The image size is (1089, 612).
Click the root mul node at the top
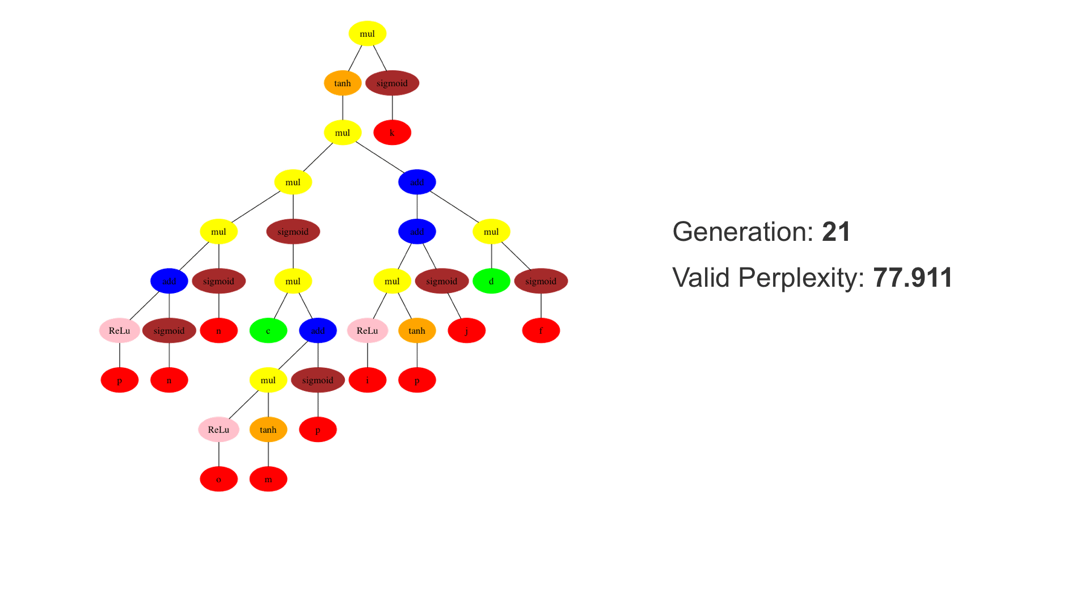(367, 33)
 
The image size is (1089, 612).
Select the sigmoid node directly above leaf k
(392, 83)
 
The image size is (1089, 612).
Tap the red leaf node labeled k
(392, 133)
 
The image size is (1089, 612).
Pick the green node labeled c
(268, 331)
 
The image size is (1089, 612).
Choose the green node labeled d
(491, 281)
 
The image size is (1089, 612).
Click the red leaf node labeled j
(466, 331)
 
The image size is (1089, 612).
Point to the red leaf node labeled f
(541, 331)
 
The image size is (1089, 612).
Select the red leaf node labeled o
(218, 479)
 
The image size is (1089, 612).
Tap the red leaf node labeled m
(268, 479)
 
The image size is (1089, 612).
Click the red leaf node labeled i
(368, 380)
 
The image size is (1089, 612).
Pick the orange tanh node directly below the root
(343, 83)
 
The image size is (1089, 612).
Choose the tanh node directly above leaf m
(268, 430)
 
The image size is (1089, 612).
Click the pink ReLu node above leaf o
(218, 430)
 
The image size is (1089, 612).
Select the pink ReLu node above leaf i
(368, 331)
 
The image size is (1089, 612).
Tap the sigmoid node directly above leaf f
(541, 281)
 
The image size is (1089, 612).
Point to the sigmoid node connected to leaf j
(442, 281)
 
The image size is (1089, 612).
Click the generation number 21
(836, 232)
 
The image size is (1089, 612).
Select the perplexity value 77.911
(913, 278)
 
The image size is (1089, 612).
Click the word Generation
(742, 232)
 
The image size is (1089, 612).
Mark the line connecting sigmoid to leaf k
(392, 108)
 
